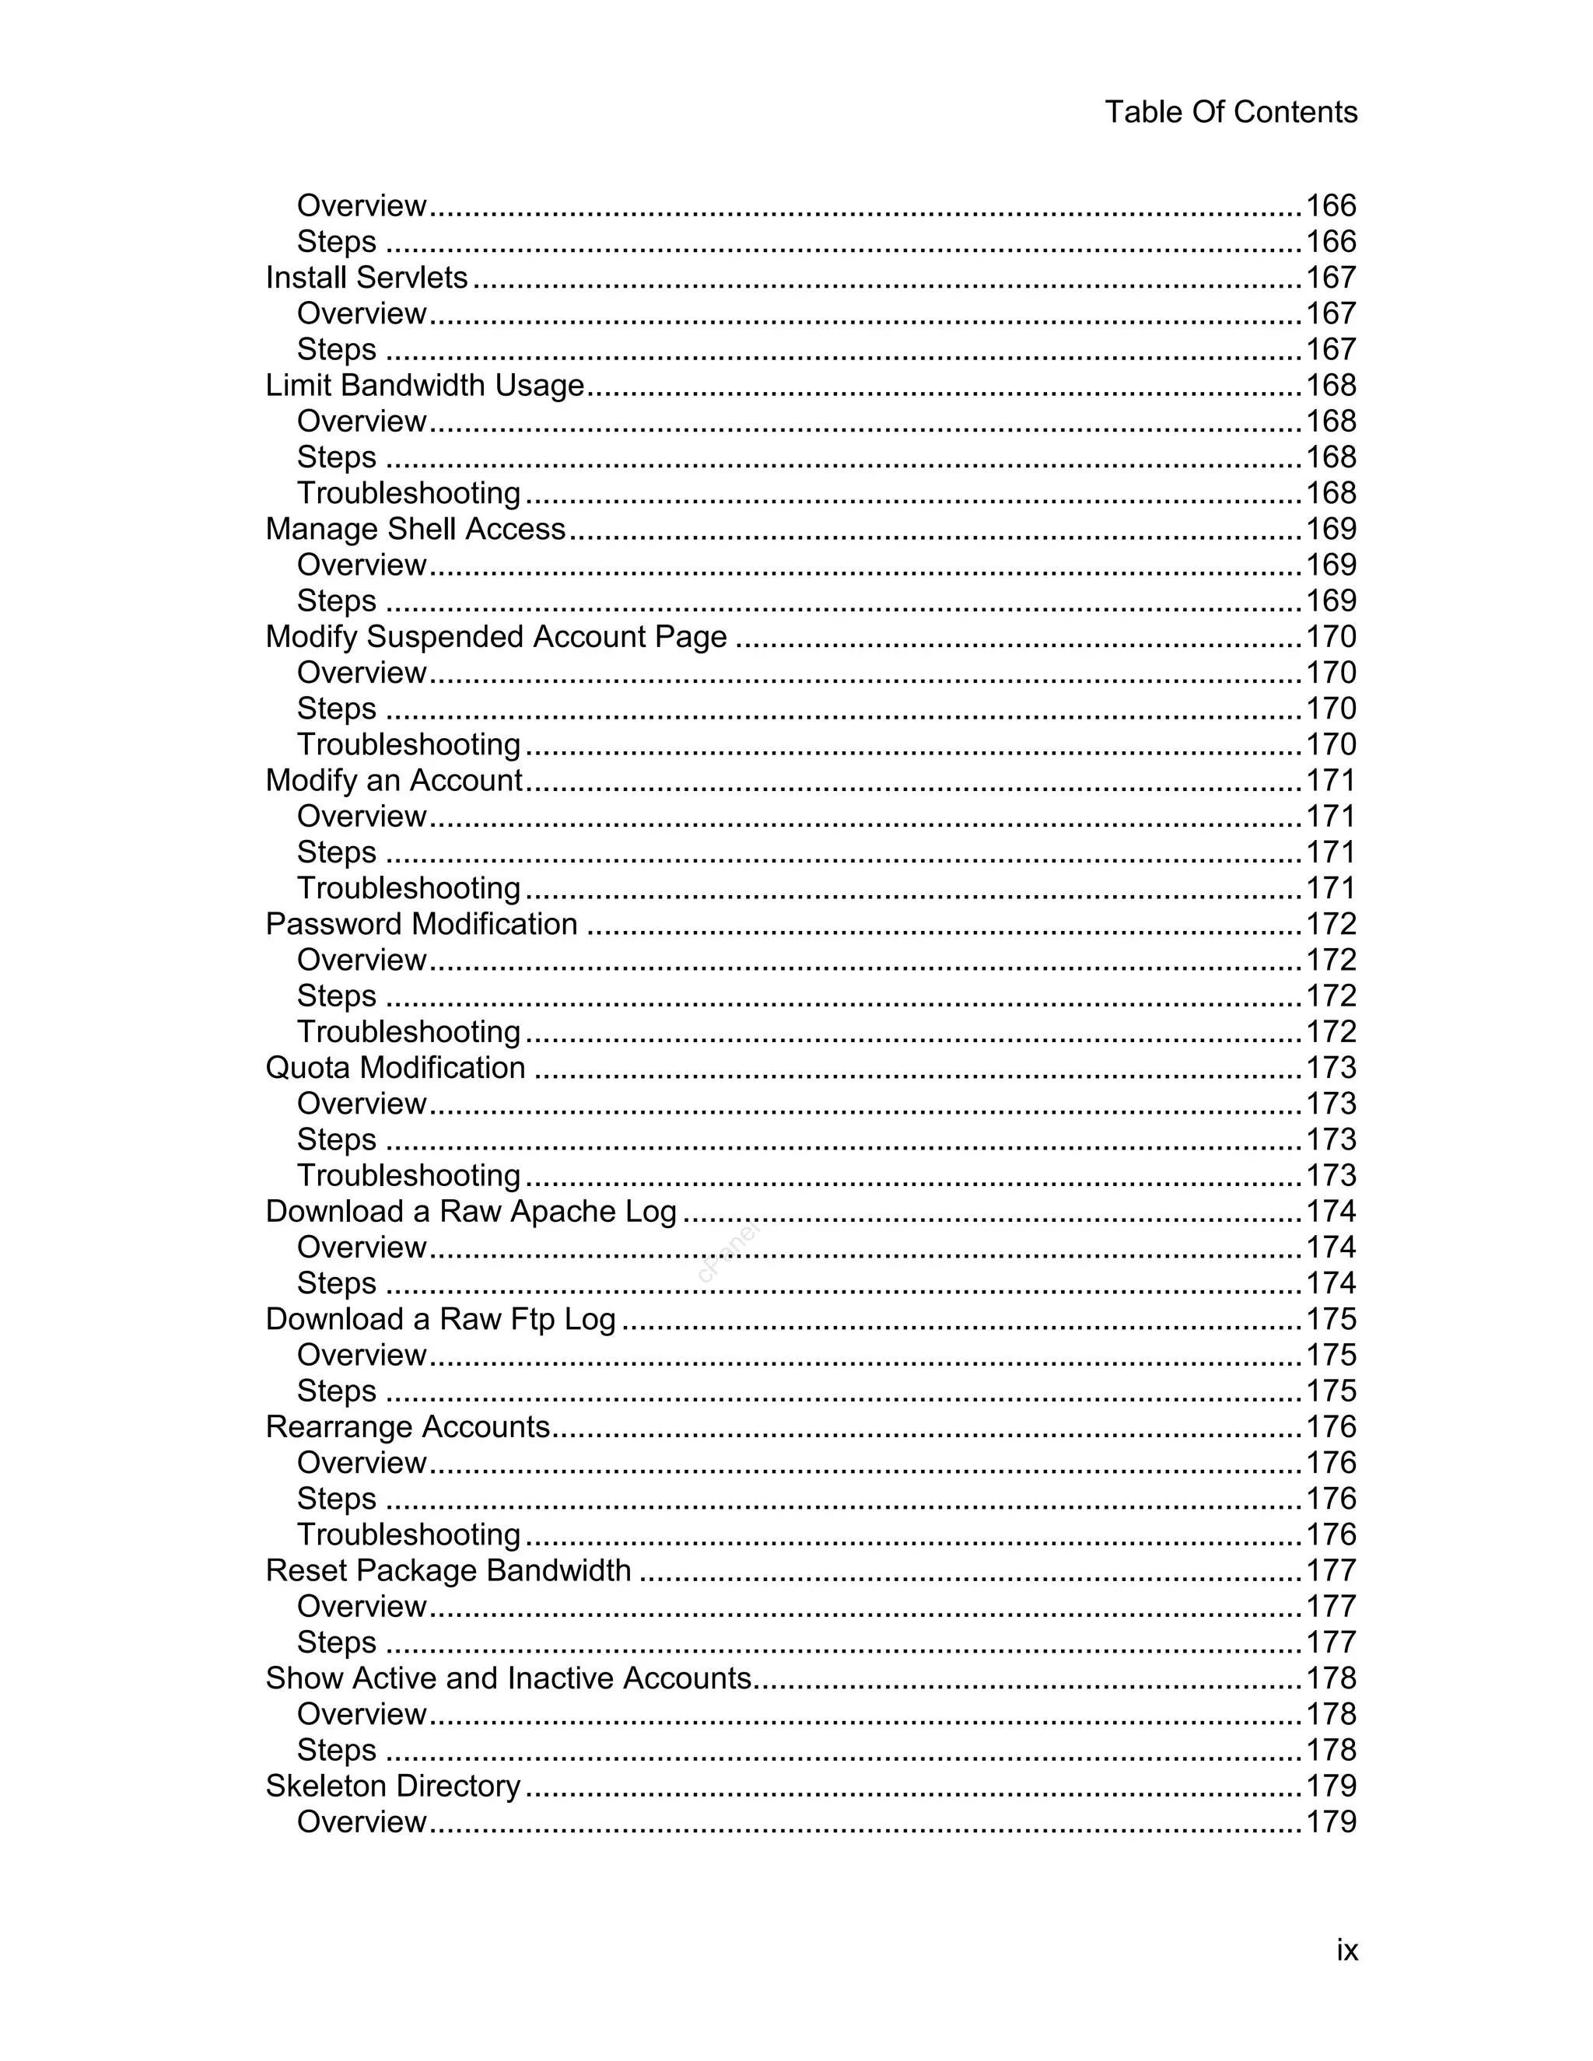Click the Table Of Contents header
tap(1231, 112)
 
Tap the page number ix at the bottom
tap(1346, 1950)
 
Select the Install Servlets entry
tap(366, 278)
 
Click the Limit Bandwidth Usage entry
tap(425, 385)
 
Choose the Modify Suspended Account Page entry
tap(495, 636)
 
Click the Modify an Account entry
tap(394, 780)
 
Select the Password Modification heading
tap(421, 924)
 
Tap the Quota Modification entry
tap(394, 1067)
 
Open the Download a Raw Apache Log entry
tap(471, 1211)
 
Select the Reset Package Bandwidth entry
tap(447, 1570)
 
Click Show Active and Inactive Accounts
tap(508, 1678)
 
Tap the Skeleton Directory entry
tap(393, 1786)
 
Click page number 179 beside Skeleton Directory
tap(1331, 1786)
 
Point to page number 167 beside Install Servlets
tap(1331, 278)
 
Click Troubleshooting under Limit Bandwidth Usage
tap(408, 492)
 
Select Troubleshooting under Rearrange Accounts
tap(408, 1534)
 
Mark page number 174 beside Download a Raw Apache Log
tap(1331, 1211)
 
